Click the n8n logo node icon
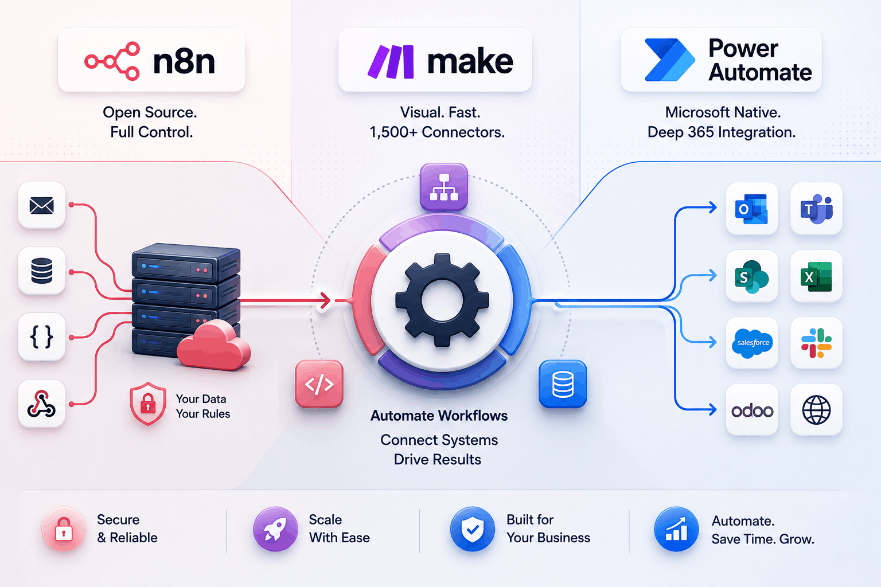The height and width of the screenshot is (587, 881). [x=112, y=61]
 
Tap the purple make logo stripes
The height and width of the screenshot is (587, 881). [x=391, y=61]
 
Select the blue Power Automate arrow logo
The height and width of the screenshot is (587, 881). [x=670, y=60]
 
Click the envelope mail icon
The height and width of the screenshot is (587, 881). [x=42, y=206]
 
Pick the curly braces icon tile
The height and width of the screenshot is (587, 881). [x=42, y=337]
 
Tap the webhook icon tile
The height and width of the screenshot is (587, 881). [x=42, y=404]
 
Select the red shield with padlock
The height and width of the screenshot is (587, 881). [x=148, y=404]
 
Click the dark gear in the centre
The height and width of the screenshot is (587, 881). [x=442, y=300]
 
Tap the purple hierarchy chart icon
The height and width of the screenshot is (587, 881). [x=443, y=187]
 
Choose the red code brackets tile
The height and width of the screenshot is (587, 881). [x=319, y=383]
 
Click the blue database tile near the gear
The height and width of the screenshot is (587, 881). [x=563, y=383]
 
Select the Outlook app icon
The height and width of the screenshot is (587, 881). [x=751, y=209]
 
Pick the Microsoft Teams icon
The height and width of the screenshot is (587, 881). [x=817, y=209]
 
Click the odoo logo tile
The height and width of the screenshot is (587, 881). [x=752, y=410]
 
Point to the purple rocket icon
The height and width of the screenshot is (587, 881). [x=275, y=529]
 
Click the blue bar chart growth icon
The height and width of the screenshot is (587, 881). [x=676, y=529]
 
